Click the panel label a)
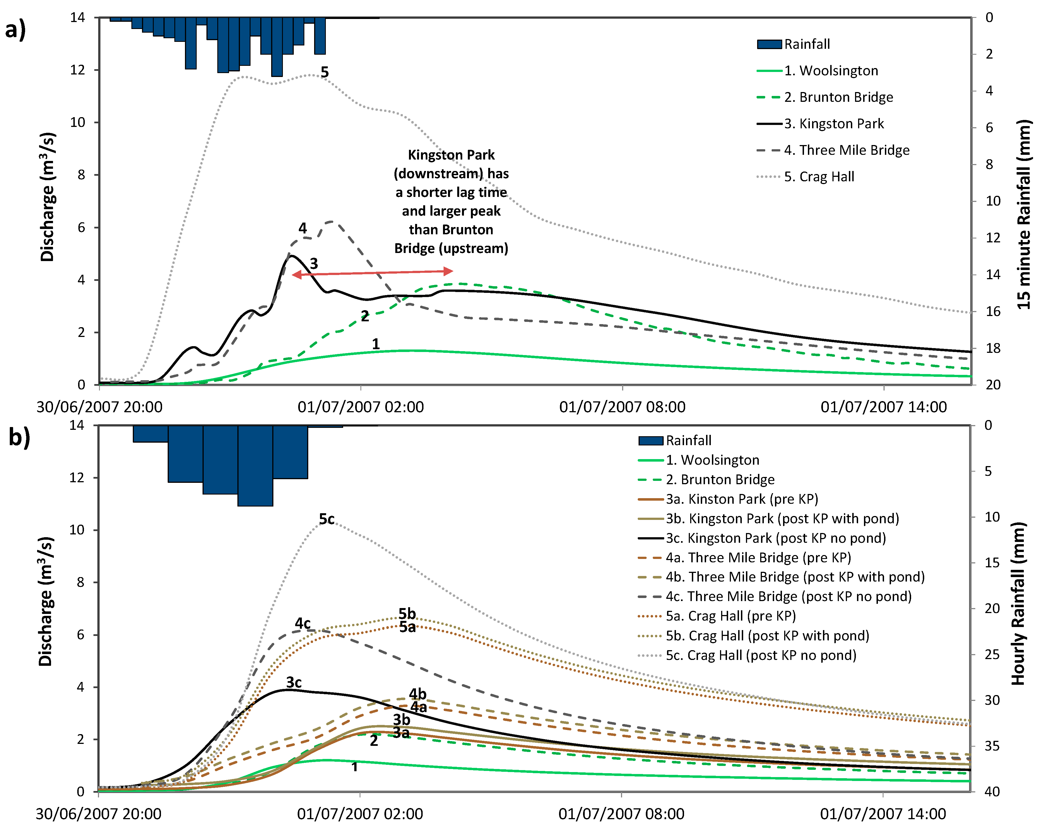pos(15,30)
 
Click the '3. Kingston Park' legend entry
pos(834,124)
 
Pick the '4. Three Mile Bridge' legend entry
pos(847,150)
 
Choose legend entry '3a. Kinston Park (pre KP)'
pos(742,499)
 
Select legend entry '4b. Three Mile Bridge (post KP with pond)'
pos(795,577)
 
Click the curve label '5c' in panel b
pos(327,519)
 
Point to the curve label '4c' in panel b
pos(302,623)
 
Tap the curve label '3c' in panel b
pos(294,682)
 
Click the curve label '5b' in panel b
pos(407,613)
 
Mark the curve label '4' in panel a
pos(302,228)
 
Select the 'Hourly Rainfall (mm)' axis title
pos(1017,603)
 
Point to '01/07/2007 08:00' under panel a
pos(622,407)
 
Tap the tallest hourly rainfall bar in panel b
pos(255,465)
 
